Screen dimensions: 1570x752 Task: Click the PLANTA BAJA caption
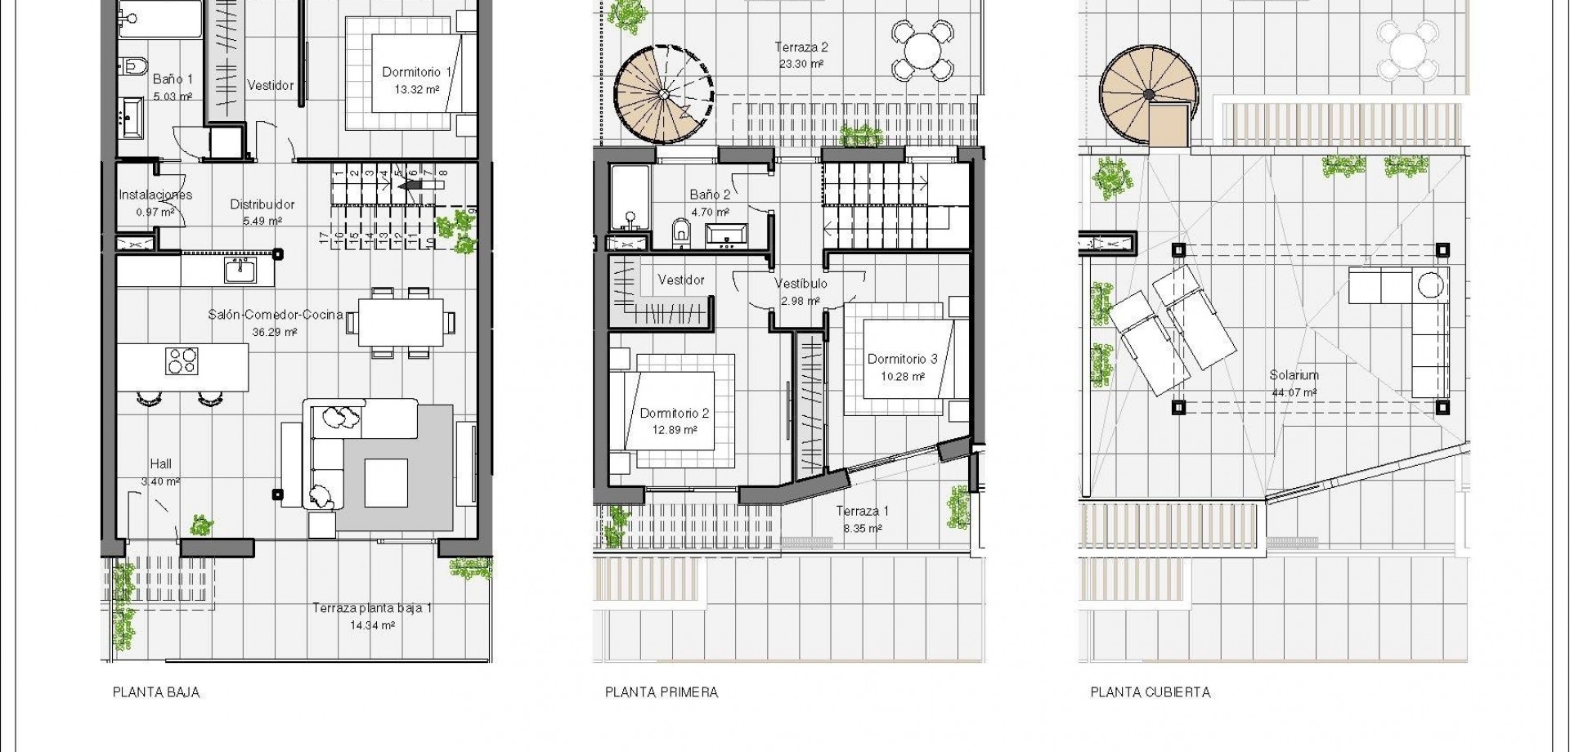click(155, 692)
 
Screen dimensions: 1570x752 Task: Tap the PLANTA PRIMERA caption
click(662, 692)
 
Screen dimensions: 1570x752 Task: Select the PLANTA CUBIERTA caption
click(1151, 692)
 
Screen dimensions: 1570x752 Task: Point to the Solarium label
click(1294, 375)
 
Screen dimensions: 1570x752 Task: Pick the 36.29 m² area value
click(274, 332)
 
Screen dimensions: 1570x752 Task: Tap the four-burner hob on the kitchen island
click(182, 360)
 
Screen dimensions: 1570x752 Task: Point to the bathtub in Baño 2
click(630, 199)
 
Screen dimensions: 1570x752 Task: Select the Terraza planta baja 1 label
click(372, 608)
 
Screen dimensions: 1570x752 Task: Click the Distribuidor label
click(262, 204)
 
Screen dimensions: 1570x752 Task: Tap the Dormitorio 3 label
click(902, 359)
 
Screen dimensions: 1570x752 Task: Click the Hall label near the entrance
click(160, 464)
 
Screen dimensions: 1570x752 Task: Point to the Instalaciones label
click(155, 195)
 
